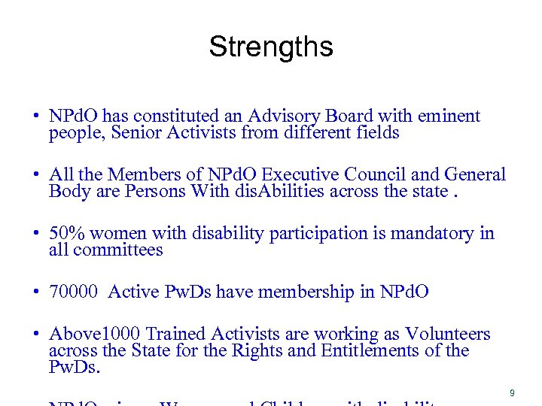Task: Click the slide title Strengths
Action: [270, 47]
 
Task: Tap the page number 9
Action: [512, 392]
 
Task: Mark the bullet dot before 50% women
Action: [35, 234]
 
